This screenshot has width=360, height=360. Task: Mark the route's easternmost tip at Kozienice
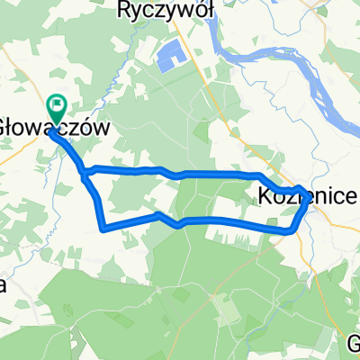pyautogui.click(x=310, y=199)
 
